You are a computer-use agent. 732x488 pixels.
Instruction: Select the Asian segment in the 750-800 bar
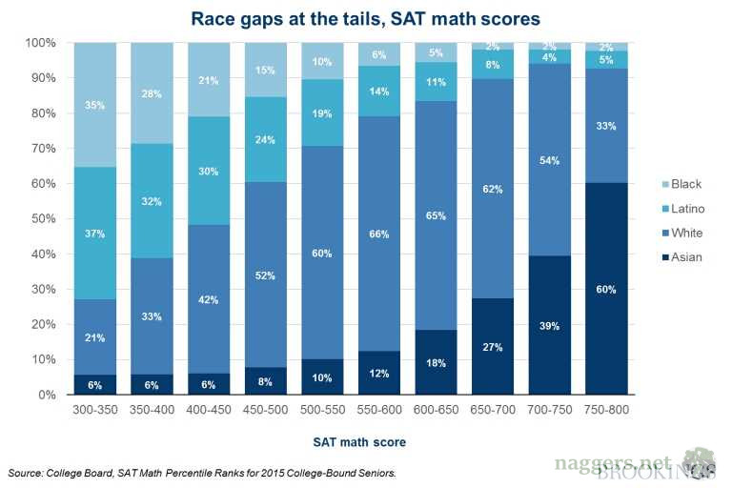(x=608, y=289)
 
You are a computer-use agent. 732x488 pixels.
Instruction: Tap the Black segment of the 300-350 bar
(x=94, y=105)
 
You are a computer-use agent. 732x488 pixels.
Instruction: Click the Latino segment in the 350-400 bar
(x=152, y=201)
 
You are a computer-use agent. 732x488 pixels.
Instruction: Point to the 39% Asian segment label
(x=550, y=326)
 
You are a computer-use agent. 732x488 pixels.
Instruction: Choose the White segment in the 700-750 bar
(x=550, y=160)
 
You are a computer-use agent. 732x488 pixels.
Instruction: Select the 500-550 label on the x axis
(x=322, y=409)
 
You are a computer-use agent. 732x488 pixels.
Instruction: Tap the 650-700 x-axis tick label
(x=493, y=409)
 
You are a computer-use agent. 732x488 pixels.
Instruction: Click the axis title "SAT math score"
(x=359, y=442)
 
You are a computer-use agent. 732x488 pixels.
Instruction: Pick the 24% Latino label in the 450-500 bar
(x=265, y=139)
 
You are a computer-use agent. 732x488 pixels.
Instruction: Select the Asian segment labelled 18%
(x=436, y=363)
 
